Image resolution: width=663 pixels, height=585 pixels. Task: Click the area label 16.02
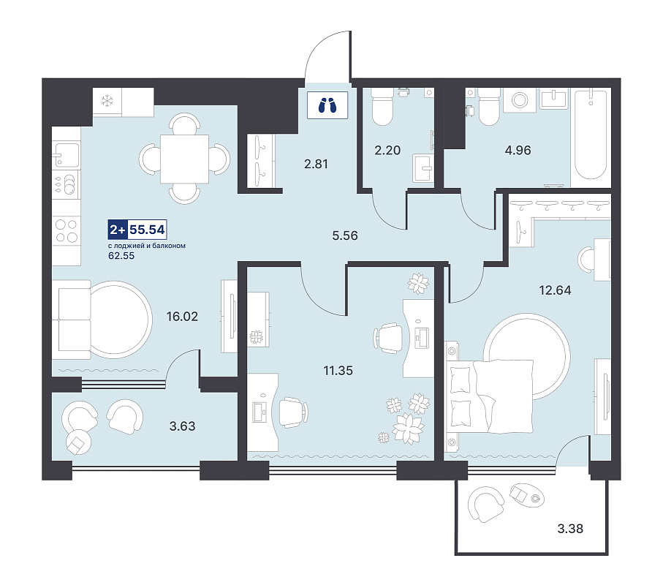pos(182,317)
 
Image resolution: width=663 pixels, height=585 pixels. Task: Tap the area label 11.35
pos(338,371)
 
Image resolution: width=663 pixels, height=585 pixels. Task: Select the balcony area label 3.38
pos(570,528)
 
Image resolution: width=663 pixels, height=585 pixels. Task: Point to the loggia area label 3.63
pos(182,426)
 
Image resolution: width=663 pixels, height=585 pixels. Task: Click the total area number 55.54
pos(147,230)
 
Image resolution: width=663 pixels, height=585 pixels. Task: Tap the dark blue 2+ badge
pos(118,230)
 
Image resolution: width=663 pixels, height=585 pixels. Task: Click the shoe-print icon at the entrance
pos(327,105)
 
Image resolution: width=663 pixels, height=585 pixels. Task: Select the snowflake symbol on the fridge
pos(107,101)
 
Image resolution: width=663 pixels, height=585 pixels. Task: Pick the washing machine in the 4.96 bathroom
pos(520,100)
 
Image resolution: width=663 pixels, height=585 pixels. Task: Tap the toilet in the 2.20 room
pos(382,106)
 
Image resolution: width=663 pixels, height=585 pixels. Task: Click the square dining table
pos(184,159)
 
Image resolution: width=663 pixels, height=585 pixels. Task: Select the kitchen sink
pos(67,155)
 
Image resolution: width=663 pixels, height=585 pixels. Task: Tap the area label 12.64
pos(555,290)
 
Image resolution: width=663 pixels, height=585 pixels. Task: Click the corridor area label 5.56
pos(345,235)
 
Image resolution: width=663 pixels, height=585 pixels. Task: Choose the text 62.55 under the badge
pos(121,255)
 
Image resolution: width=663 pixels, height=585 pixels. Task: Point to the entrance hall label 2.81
pos(316,164)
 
